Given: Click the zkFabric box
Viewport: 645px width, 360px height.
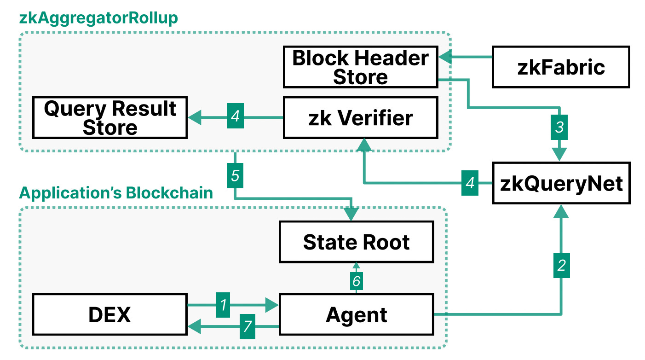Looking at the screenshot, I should click(x=560, y=67).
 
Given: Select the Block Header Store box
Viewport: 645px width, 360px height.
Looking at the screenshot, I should click(x=360, y=67).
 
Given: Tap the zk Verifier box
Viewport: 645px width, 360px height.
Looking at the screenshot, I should click(x=360, y=118).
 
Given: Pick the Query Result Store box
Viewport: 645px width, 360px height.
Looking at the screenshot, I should click(x=110, y=118).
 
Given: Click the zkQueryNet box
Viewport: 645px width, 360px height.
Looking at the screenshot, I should click(x=561, y=183).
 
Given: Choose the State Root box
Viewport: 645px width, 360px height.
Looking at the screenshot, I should click(x=357, y=242).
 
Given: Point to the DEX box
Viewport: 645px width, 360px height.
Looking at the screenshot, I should click(x=110, y=315).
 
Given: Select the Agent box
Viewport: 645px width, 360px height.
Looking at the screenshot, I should click(x=357, y=315).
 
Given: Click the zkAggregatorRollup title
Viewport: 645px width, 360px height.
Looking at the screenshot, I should click(x=98, y=18).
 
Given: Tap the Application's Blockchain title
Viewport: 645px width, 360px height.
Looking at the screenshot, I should click(x=116, y=193).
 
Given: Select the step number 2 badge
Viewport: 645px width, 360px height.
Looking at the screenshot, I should click(x=561, y=266).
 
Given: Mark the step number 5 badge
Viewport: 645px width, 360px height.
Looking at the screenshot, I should click(x=235, y=176).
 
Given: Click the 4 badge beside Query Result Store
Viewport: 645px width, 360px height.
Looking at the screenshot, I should click(x=235, y=117).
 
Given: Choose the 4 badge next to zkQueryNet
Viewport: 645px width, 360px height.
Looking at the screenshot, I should click(x=470, y=183).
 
